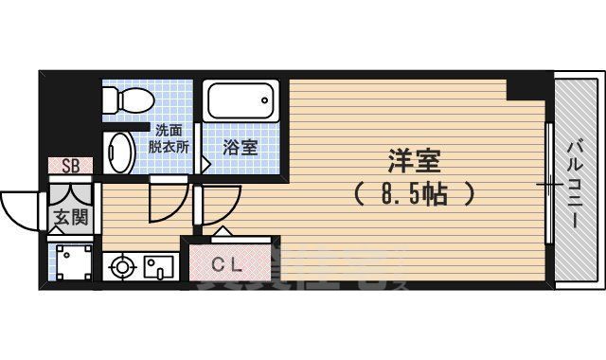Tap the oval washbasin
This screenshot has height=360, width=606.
pos(120,152)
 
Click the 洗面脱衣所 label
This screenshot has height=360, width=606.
pos(169,140)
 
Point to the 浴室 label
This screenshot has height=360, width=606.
pos(241,148)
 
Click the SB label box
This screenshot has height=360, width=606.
pos(71,166)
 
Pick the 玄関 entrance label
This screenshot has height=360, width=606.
pos(70,217)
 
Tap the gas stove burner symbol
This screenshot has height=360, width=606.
pos(122,267)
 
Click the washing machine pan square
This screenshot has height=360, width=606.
pos(72,263)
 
